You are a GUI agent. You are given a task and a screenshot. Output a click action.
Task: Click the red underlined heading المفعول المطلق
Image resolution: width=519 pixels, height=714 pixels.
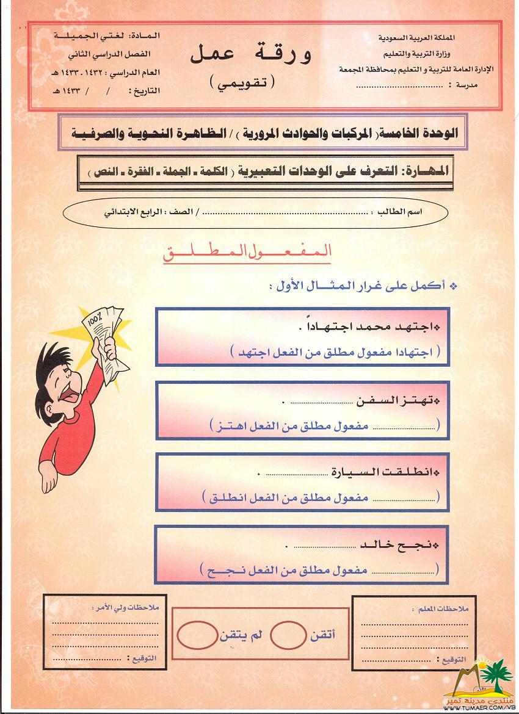tap(247, 253)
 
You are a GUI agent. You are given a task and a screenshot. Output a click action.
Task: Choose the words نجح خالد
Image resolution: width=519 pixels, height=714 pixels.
tap(402, 545)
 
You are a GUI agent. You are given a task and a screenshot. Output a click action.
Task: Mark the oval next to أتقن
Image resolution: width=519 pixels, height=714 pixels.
tap(287, 635)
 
